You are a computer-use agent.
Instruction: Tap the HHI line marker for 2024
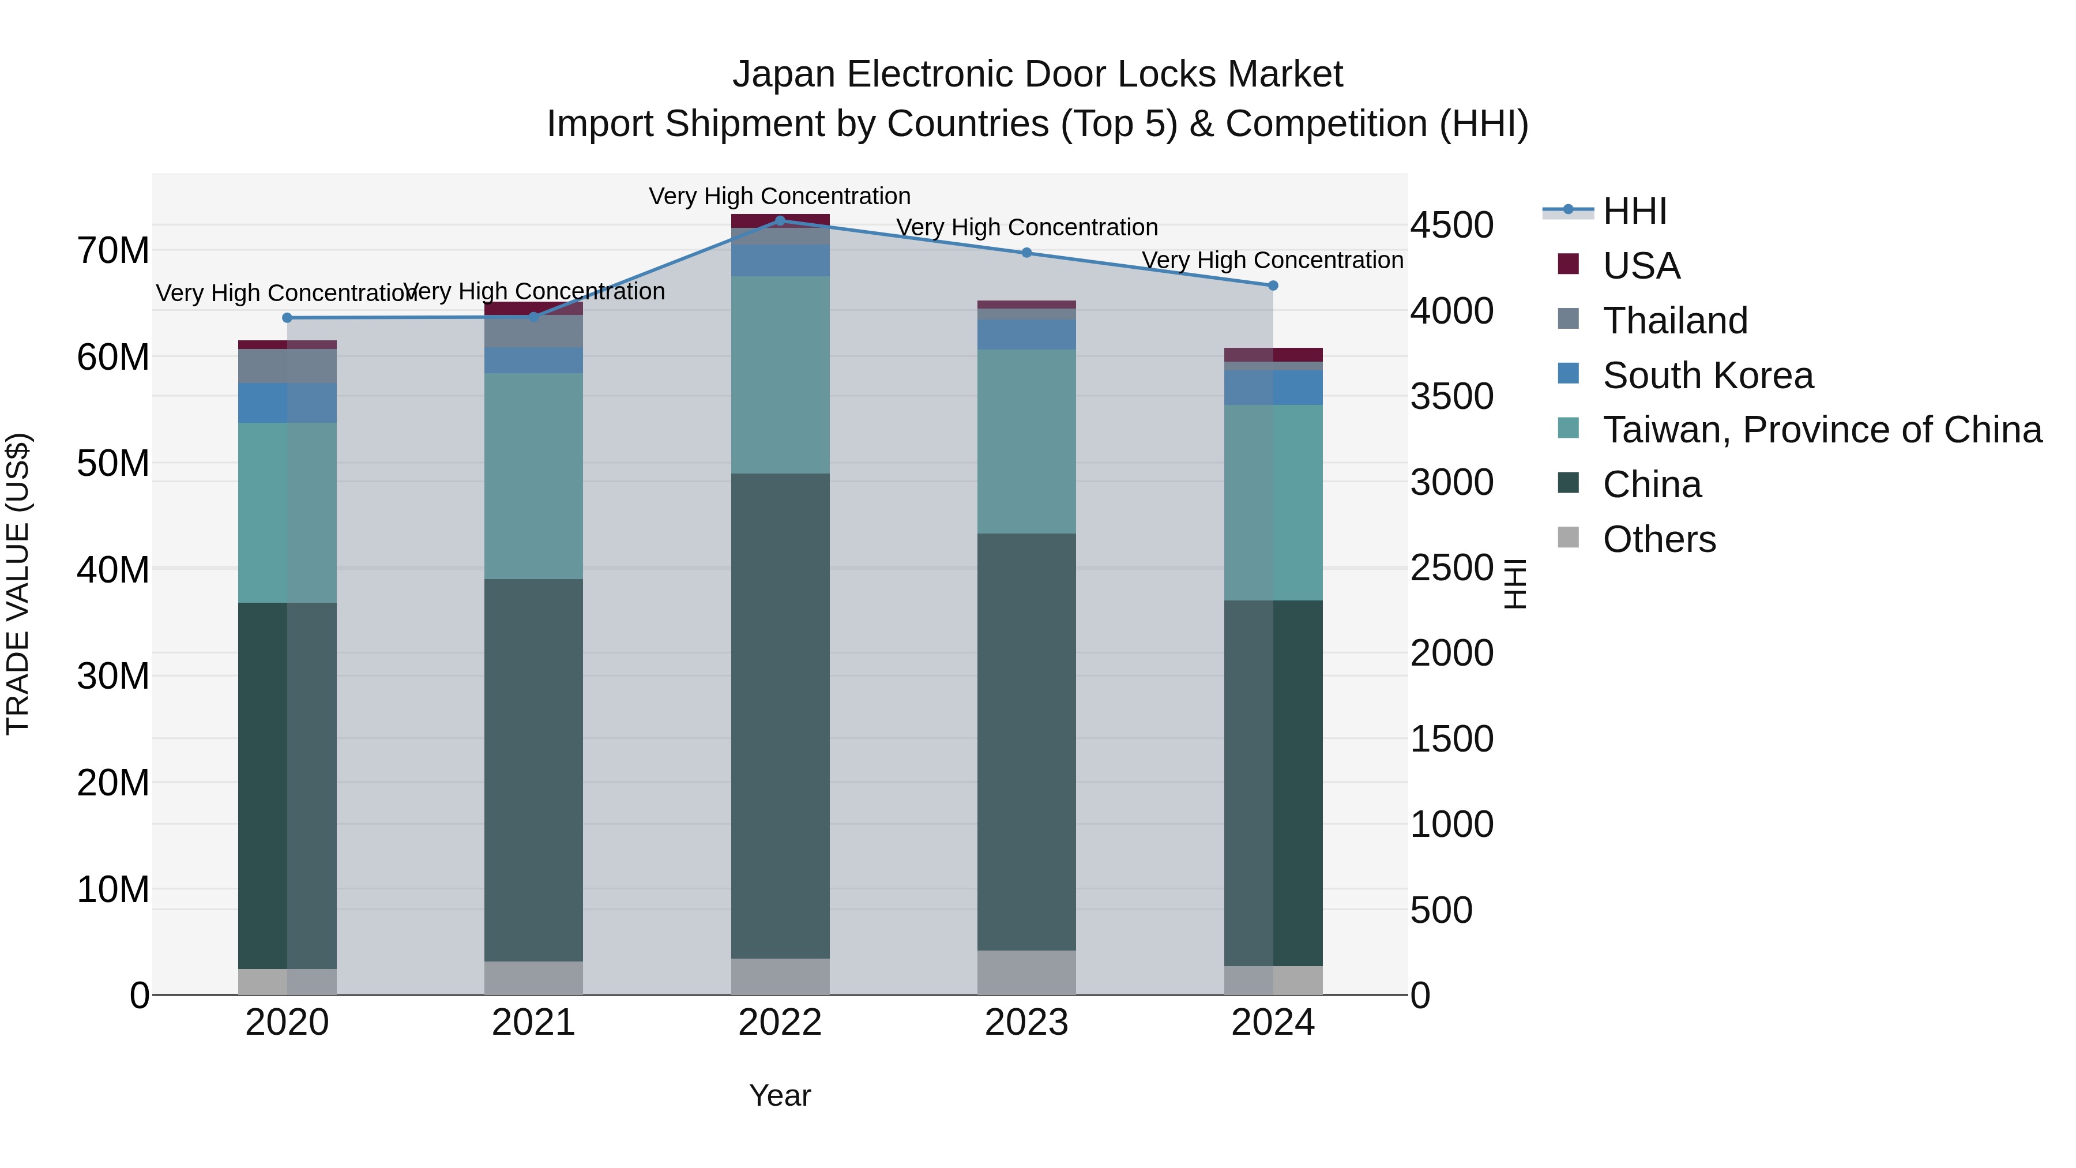pyautogui.click(x=1273, y=286)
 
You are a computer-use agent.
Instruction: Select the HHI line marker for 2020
pyautogui.click(x=287, y=318)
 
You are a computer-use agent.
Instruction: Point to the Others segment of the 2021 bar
pyautogui.click(x=533, y=977)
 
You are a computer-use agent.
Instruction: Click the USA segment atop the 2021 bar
pyautogui.click(x=533, y=309)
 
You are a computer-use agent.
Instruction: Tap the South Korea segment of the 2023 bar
pyautogui.click(x=1026, y=335)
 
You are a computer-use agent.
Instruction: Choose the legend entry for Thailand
pyautogui.click(x=1675, y=320)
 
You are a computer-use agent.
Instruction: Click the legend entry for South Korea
pyautogui.click(x=1707, y=375)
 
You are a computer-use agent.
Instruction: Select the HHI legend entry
pyautogui.click(x=1634, y=211)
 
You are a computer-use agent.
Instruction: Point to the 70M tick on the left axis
pyautogui.click(x=113, y=251)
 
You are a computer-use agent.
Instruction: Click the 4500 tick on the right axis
pyautogui.click(x=1451, y=225)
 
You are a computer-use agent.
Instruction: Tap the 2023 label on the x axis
pyautogui.click(x=1026, y=1023)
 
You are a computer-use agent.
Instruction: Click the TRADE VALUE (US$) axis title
pyautogui.click(x=18, y=584)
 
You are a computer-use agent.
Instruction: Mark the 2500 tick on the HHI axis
pyautogui.click(x=1451, y=568)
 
